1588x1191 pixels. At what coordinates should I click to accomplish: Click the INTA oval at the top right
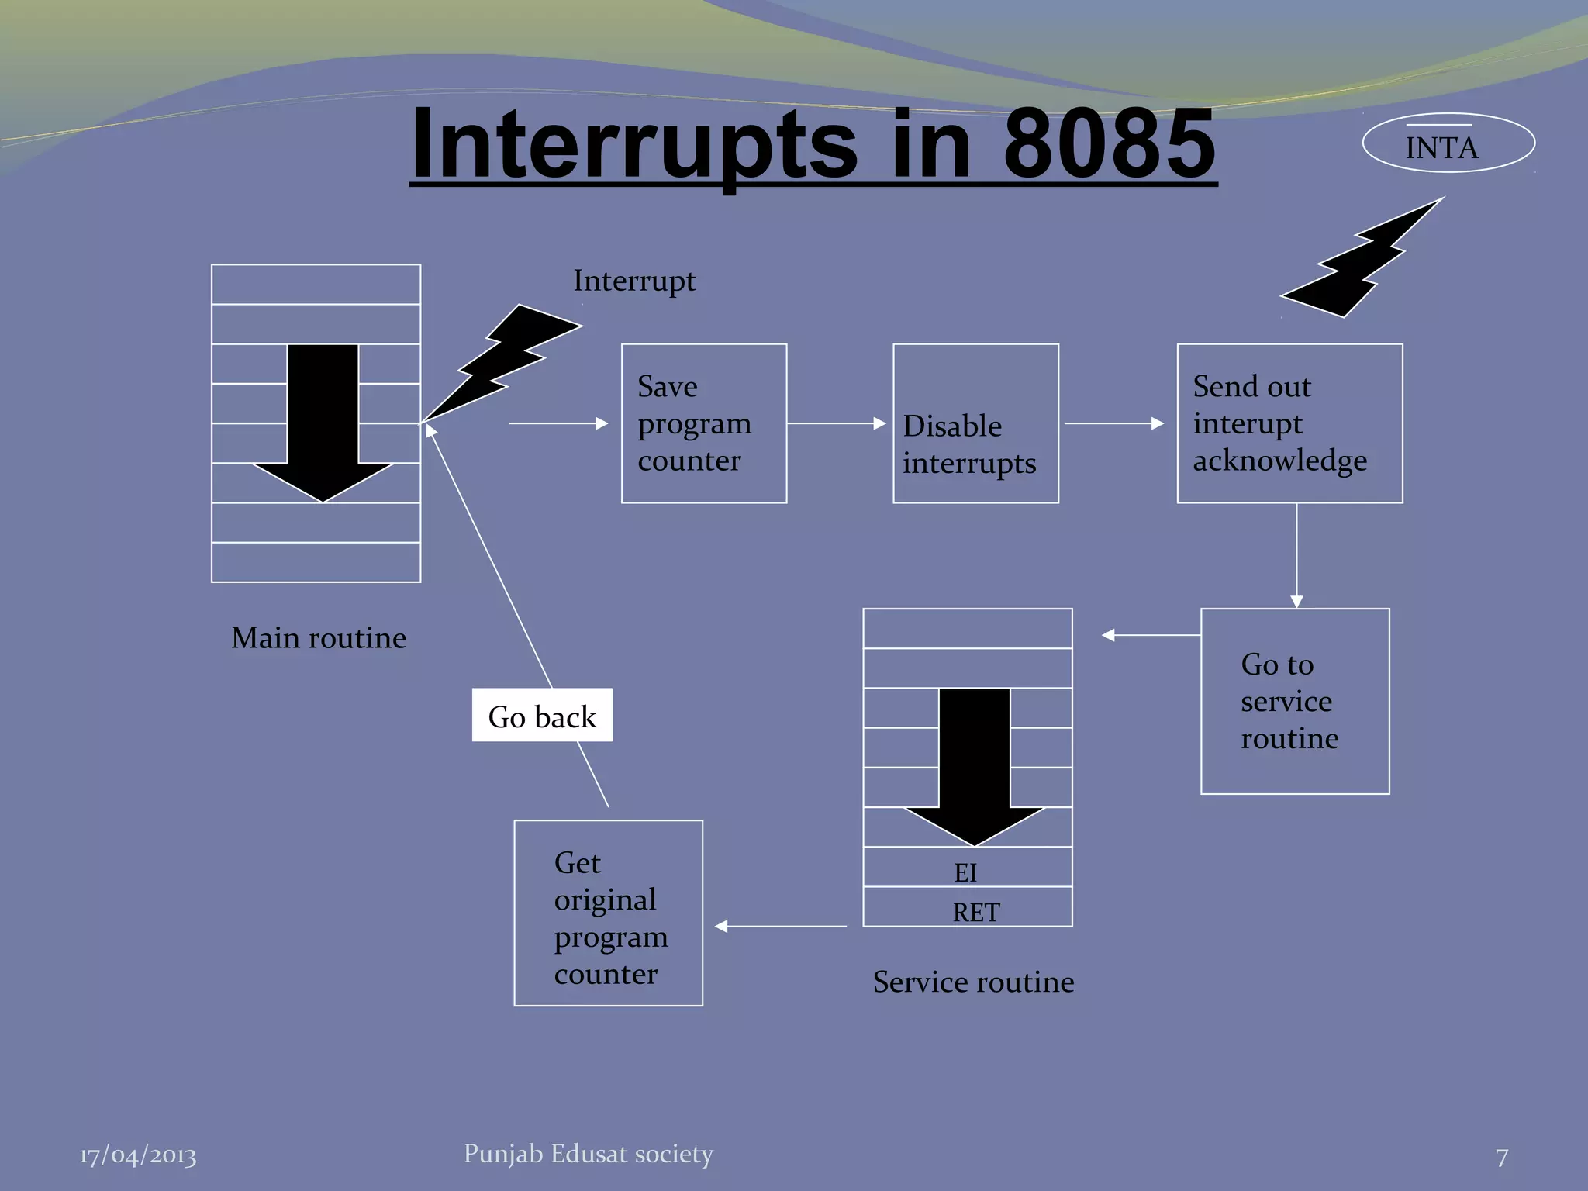pyautogui.click(x=1448, y=143)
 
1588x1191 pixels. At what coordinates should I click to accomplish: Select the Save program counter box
pyautogui.click(x=703, y=423)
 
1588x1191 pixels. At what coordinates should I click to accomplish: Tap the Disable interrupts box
pyautogui.click(x=975, y=423)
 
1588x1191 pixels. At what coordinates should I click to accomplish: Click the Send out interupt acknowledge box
pyautogui.click(x=1289, y=423)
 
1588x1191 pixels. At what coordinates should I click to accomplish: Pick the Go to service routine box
pyautogui.click(x=1294, y=701)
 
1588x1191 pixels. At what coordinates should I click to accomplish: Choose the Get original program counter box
pyautogui.click(x=608, y=913)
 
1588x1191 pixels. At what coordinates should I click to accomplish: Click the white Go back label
pyautogui.click(x=542, y=715)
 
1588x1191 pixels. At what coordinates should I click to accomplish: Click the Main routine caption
pyautogui.click(x=318, y=638)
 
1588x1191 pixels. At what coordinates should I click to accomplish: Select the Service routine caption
pyautogui.click(x=973, y=982)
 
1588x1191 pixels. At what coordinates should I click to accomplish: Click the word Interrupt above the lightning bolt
pyautogui.click(x=634, y=281)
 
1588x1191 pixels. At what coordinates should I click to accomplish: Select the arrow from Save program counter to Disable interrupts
pyautogui.click(x=836, y=423)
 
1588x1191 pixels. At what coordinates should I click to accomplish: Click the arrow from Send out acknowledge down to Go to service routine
pyautogui.click(x=1296, y=555)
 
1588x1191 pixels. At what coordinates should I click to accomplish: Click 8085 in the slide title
pyautogui.click(x=1109, y=143)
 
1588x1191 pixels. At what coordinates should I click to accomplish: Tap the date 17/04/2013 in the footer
pyautogui.click(x=137, y=1155)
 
